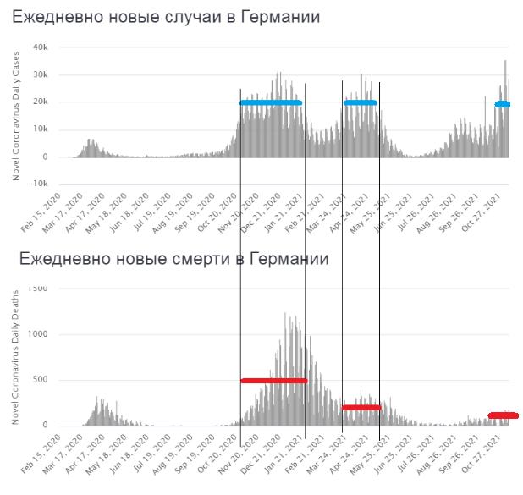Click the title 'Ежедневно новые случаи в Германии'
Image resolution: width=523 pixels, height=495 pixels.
[167, 18]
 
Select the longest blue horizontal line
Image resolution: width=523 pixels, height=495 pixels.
[271, 103]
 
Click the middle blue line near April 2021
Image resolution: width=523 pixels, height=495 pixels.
[361, 103]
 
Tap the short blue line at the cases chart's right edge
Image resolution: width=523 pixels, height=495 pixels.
[503, 104]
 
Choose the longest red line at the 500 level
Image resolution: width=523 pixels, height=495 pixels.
[273, 381]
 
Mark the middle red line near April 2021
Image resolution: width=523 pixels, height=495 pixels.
[361, 408]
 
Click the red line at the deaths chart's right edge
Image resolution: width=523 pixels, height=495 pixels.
[504, 415]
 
